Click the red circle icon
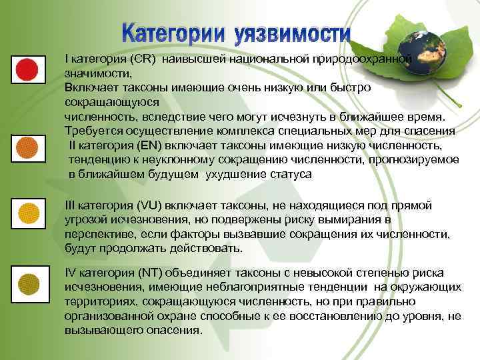27,68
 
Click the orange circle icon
27,145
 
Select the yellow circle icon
27,213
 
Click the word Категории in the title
175,33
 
